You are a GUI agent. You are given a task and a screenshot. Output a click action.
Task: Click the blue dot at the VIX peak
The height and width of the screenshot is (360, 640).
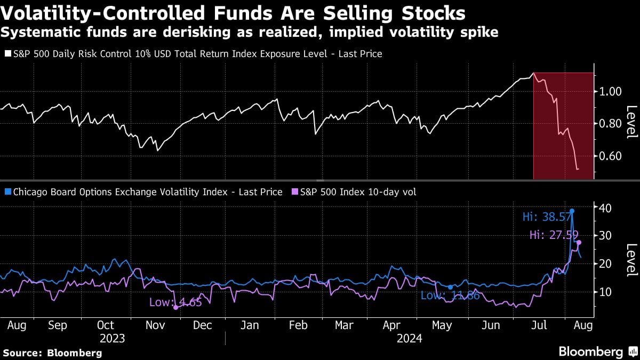click(572, 211)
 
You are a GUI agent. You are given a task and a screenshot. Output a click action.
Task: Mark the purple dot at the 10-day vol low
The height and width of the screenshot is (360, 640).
click(175, 307)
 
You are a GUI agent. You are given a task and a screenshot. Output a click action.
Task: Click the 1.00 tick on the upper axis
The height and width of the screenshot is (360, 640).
click(608, 91)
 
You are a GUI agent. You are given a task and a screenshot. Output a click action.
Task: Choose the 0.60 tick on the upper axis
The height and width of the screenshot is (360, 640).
click(608, 156)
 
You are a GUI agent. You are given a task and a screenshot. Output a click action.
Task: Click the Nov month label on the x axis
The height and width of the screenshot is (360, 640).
click(155, 325)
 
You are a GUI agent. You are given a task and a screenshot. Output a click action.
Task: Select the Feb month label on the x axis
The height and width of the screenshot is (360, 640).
click(298, 325)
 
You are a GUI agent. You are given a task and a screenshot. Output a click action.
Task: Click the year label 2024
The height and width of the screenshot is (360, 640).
click(409, 338)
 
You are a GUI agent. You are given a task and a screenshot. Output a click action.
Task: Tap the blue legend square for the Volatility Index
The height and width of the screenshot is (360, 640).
click(7, 192)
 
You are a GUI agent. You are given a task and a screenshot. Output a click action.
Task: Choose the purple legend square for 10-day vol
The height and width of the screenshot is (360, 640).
click(294, 192)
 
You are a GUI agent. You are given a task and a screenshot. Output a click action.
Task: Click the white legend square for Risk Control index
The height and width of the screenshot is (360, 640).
click(7, 54)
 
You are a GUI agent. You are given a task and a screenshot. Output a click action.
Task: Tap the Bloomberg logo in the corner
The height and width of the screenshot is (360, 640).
click(598, 351)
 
